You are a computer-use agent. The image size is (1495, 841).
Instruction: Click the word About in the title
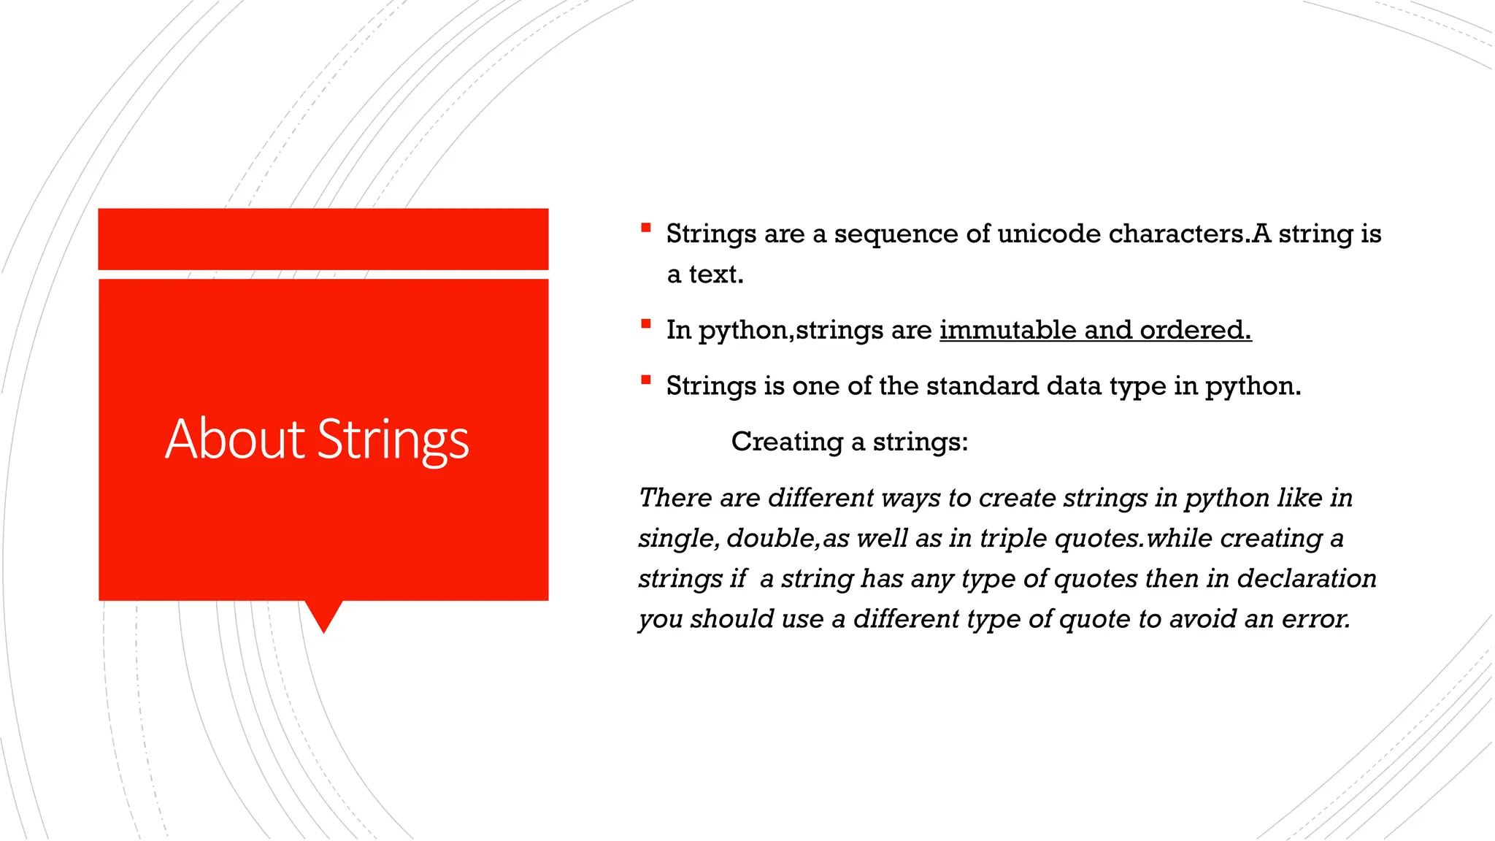(234, 439)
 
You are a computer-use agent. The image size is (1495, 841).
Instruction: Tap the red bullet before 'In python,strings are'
(645, 323)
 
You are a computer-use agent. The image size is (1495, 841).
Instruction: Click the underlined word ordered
(1195, 330)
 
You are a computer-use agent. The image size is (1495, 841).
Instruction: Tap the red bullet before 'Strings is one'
(645, 380)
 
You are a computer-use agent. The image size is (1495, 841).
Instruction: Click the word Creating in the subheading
(787, 442)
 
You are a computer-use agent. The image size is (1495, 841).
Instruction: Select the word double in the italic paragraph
(772, 538)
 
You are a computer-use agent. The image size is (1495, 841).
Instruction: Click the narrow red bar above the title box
(323, 239)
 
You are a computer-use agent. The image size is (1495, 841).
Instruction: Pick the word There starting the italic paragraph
(675, 498)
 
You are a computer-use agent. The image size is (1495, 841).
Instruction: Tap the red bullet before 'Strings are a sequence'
(645, 228)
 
